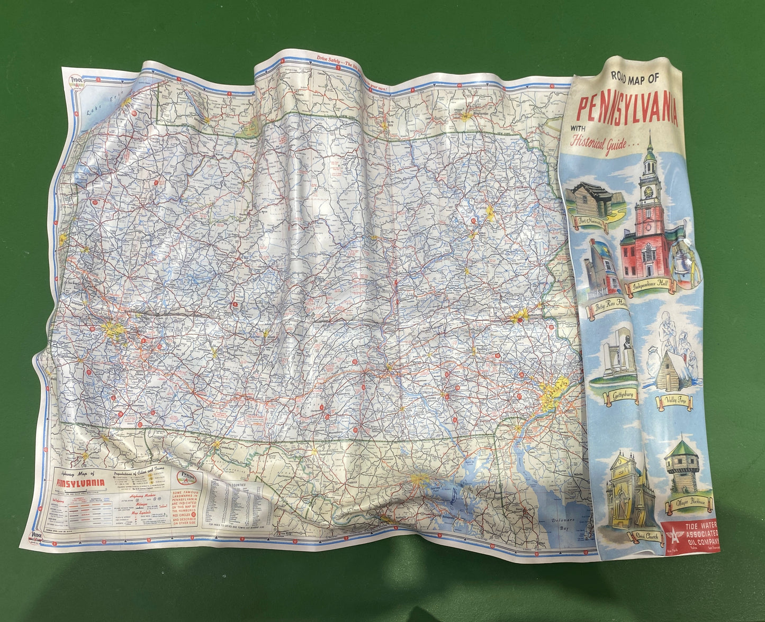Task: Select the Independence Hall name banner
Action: (653, 286)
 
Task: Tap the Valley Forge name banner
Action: (674, 402)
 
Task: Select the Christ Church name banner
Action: (644, 537)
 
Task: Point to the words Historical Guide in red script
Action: (599, 142)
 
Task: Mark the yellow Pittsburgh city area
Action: (115, 331)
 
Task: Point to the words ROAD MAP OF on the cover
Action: (635, 78)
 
